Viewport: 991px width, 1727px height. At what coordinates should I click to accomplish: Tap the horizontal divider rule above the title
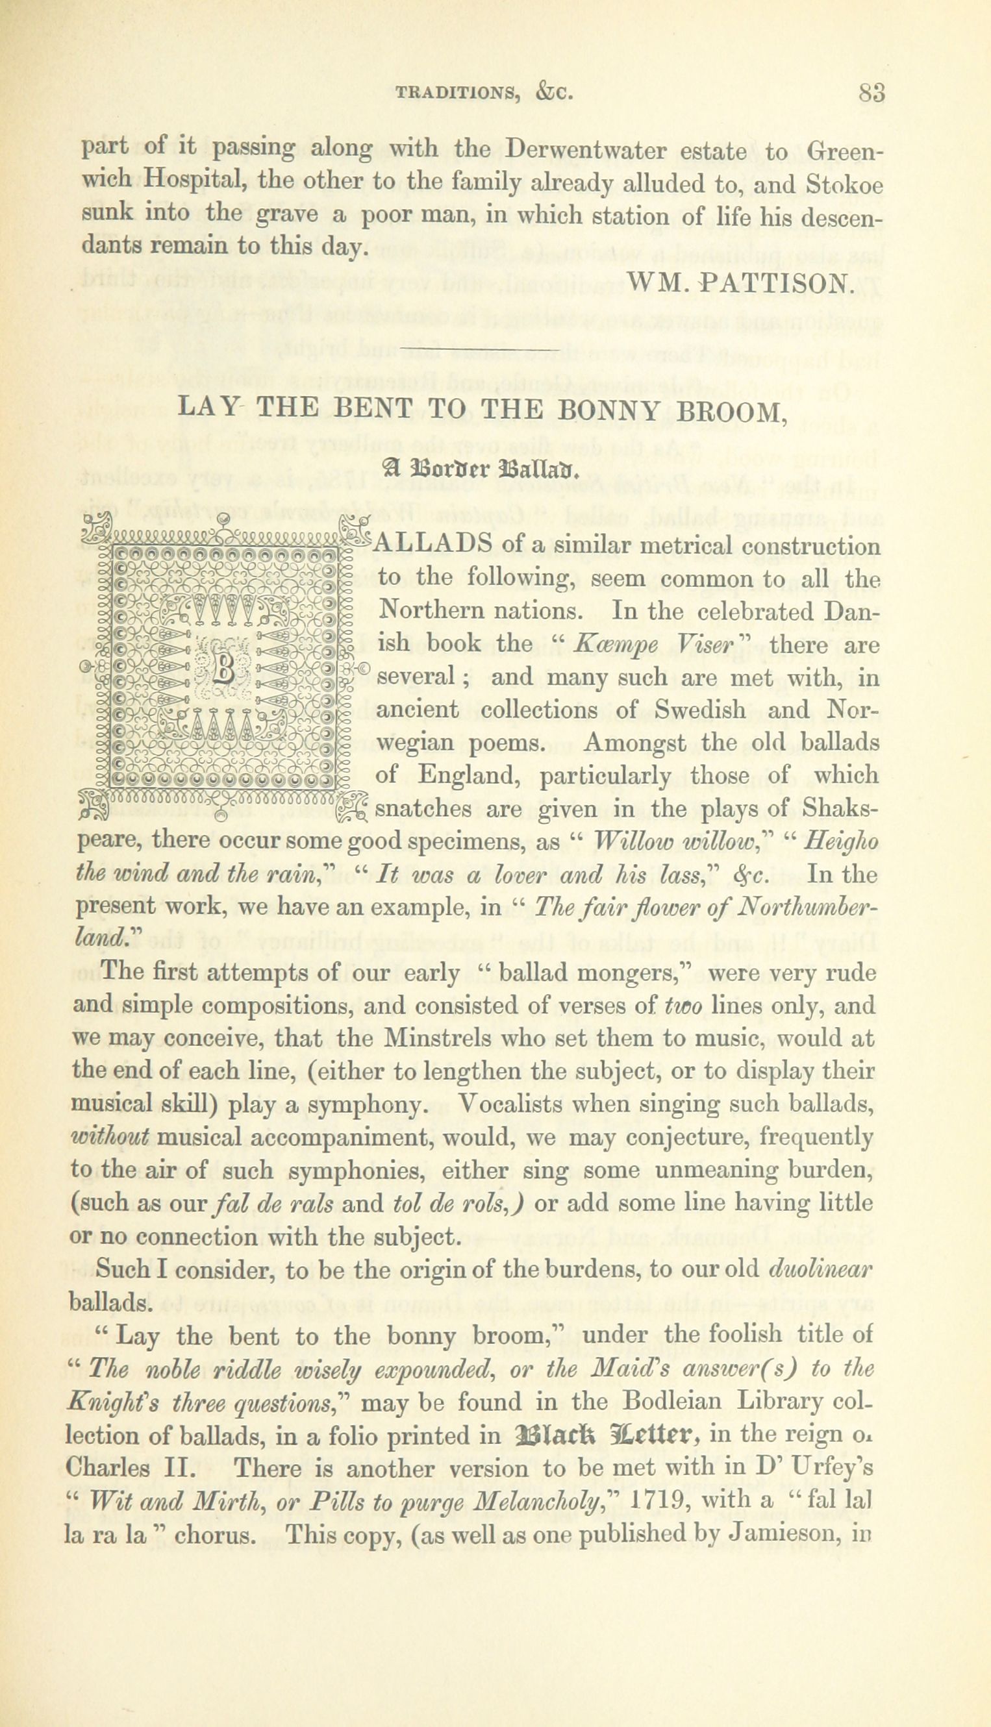click(x=481, y=351)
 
